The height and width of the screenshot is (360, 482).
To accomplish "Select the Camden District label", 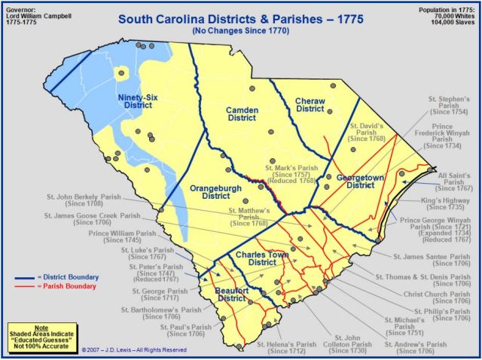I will (x=242, y=114).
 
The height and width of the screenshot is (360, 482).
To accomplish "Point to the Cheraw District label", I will (x=310, y=105).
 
